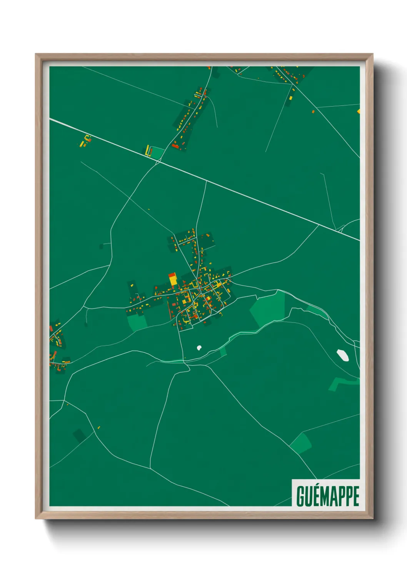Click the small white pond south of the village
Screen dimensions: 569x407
point(199,348)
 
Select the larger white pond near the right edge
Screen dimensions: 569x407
point(342,355)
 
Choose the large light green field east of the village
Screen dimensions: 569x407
point(269,308)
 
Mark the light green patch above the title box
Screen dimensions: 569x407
point(301,443)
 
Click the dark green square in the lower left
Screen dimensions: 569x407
point(80,436)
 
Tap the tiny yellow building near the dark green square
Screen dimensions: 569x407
point(99,427)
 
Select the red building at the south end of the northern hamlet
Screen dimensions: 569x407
point(176,146)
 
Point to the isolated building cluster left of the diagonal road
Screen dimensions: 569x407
point(86,141)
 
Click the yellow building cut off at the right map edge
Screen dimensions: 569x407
point(359,111)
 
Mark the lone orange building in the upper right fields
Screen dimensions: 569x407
point(313,111)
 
